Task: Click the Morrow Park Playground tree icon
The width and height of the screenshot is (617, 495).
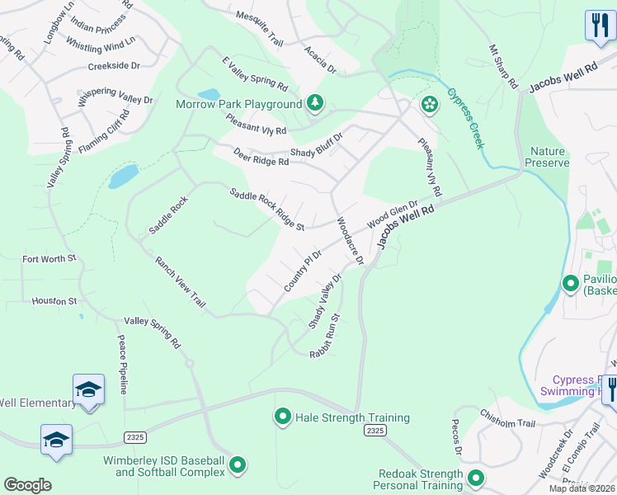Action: (x=314, y=103)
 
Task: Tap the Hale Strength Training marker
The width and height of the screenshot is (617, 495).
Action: (x=283, y=417)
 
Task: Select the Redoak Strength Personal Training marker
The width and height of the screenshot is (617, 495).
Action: (x=475, y=478)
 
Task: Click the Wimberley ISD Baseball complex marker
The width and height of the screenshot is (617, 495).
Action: (x=238, y=466)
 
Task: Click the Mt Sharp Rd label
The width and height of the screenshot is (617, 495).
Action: (x=502, y=68)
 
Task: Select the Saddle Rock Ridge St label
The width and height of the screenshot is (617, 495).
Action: (x=266, y=210)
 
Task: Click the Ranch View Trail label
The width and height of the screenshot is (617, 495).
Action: (x=181, y=281)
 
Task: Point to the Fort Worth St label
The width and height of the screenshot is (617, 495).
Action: (x=49, y=259)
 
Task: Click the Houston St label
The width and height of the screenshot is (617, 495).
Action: (x=54, y=301)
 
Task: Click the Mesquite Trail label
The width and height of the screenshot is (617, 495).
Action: (x=259, y=30)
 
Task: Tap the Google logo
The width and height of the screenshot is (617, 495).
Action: (x=27, y=485)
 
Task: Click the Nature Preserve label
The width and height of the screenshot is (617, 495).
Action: (x=549, y=157)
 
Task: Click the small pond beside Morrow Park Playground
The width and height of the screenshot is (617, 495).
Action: (x=208, y=95)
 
